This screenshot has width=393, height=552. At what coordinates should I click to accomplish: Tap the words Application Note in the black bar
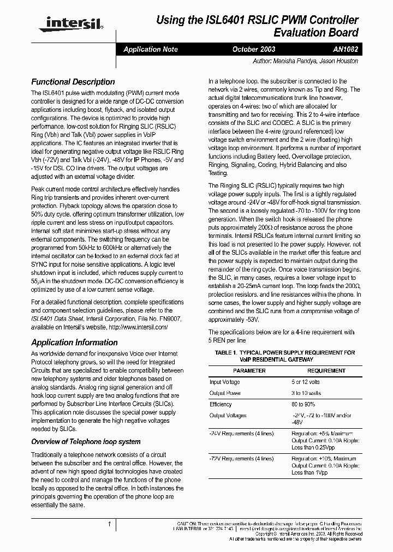[x=150, y=49]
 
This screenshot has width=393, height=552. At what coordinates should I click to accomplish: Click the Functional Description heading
[x=73, y=82]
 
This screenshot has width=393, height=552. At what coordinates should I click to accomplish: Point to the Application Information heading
[x=74, y=343]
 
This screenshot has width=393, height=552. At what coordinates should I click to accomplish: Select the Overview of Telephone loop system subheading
[x=86, y=441]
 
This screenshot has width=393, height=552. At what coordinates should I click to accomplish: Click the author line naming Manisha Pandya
[x=306, y=61]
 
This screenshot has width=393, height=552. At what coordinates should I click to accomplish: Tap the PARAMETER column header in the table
[x=249, y=371]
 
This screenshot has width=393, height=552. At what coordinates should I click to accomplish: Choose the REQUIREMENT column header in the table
[x=326, y=371]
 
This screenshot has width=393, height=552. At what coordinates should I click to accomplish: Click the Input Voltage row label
[x=224, y=382]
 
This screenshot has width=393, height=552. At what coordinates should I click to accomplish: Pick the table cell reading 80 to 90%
[x=306, y=404]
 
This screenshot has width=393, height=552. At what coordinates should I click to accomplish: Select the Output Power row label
[x=225, y=393]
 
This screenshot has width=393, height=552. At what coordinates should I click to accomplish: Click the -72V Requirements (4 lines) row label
[x=241, y=459]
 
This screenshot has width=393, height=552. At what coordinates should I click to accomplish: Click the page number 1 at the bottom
[x=110, y=524]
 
